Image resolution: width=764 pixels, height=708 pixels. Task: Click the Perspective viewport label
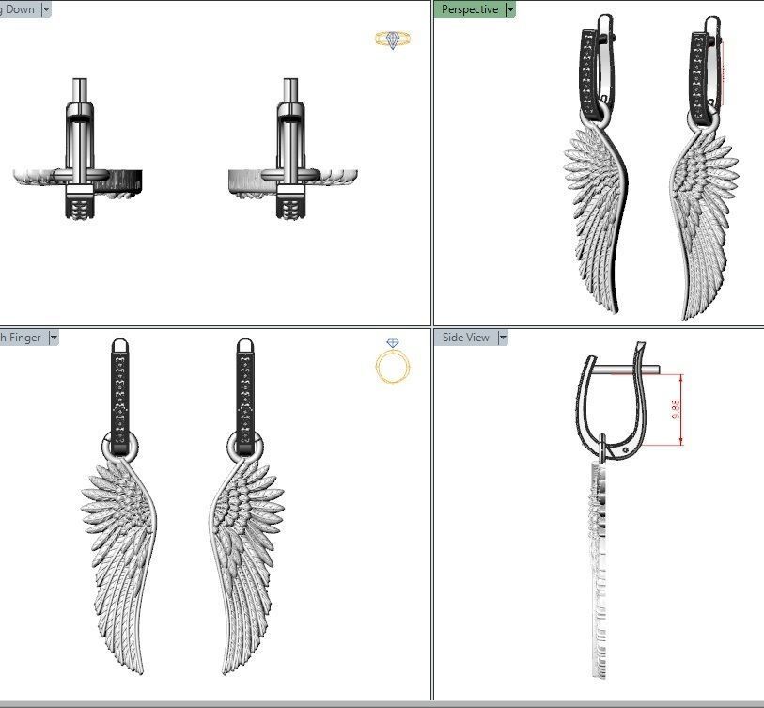click(470, 9)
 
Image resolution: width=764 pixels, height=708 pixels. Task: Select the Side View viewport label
click(465, 338)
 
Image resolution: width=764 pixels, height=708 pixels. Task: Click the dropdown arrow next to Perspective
click(510, 9)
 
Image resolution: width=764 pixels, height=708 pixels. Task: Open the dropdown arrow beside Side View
click(503, 338)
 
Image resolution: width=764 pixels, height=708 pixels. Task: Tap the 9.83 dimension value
click(675, 409)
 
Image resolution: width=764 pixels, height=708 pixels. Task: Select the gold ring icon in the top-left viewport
click(392, 39)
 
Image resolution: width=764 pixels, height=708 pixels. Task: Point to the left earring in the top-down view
click(80, 160)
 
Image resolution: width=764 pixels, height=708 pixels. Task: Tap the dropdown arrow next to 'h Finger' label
click(54, 338)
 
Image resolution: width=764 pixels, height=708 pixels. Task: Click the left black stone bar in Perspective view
click(589, 75)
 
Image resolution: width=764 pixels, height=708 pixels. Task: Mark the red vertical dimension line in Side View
click(679, 409)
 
